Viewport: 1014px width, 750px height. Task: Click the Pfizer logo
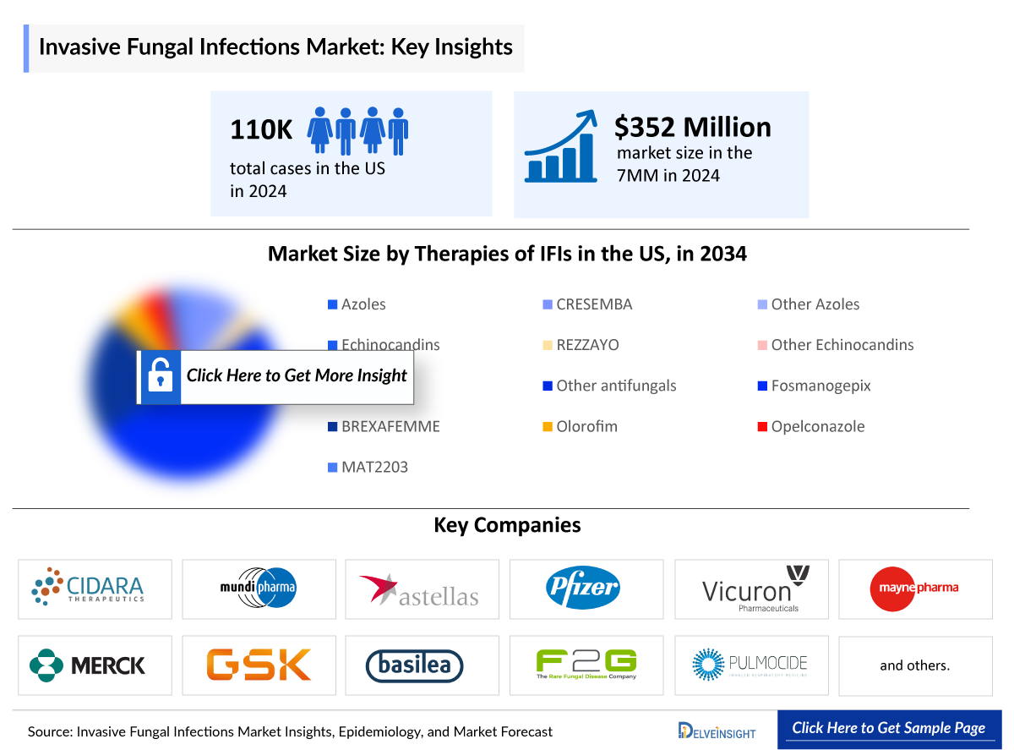click(x=585, y=589)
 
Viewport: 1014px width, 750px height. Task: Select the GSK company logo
click(x=259, y=665)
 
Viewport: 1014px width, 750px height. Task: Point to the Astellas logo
click(x=421, y=589)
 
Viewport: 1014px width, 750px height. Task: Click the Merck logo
click(x=94, y=665)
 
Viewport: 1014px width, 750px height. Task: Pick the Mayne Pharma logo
click(x=914, y=589)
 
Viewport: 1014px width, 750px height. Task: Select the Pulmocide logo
click(x=750, y=665)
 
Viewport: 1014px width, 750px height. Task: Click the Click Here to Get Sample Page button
click(x=888, y=728)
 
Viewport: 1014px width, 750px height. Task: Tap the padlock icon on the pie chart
click(x=160, y=375)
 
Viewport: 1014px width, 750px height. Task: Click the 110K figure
click(x=261, y=130)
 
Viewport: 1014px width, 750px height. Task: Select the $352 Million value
click(x=692, y=127)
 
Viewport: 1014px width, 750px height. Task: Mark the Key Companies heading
click(x=507, y=525)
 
